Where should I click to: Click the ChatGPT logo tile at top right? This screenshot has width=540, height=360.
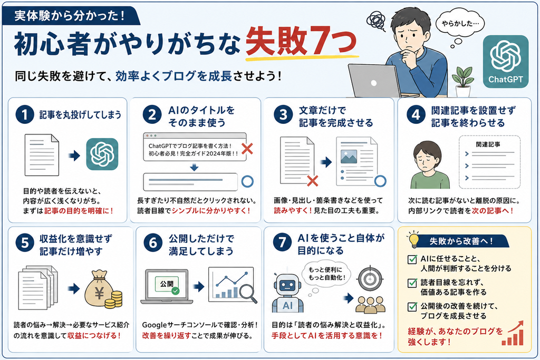click(x=506, y=61)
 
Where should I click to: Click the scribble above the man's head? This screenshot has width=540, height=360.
click(x=375, y=21)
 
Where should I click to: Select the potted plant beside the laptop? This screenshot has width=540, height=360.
click(x=462, y=81)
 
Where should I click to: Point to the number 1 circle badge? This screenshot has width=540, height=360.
click(x=25, y=114)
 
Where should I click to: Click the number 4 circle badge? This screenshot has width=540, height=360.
click(x=416, y=114)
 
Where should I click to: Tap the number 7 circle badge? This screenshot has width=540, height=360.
click(x=282, y=242)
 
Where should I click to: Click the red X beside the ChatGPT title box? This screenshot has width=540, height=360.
click(x=247, y=149)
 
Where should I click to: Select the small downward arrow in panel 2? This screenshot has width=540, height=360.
click(x=194, y=168)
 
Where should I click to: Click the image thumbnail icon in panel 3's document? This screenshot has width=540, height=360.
click(x=349, y=157)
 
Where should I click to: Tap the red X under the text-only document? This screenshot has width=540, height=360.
click(x=312, y=181)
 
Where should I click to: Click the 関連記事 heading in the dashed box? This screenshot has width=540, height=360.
click(x=488, y=144)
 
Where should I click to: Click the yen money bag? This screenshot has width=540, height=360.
click(x=99, y=288)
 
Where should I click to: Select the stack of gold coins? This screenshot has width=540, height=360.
click(x=114, y=299)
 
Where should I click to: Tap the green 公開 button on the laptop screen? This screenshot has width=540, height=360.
click(x=167, y=284)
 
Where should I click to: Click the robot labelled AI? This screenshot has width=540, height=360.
click(x=287, y=293)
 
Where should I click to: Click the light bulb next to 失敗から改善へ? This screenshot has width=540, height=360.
click(x=413, y=239)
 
